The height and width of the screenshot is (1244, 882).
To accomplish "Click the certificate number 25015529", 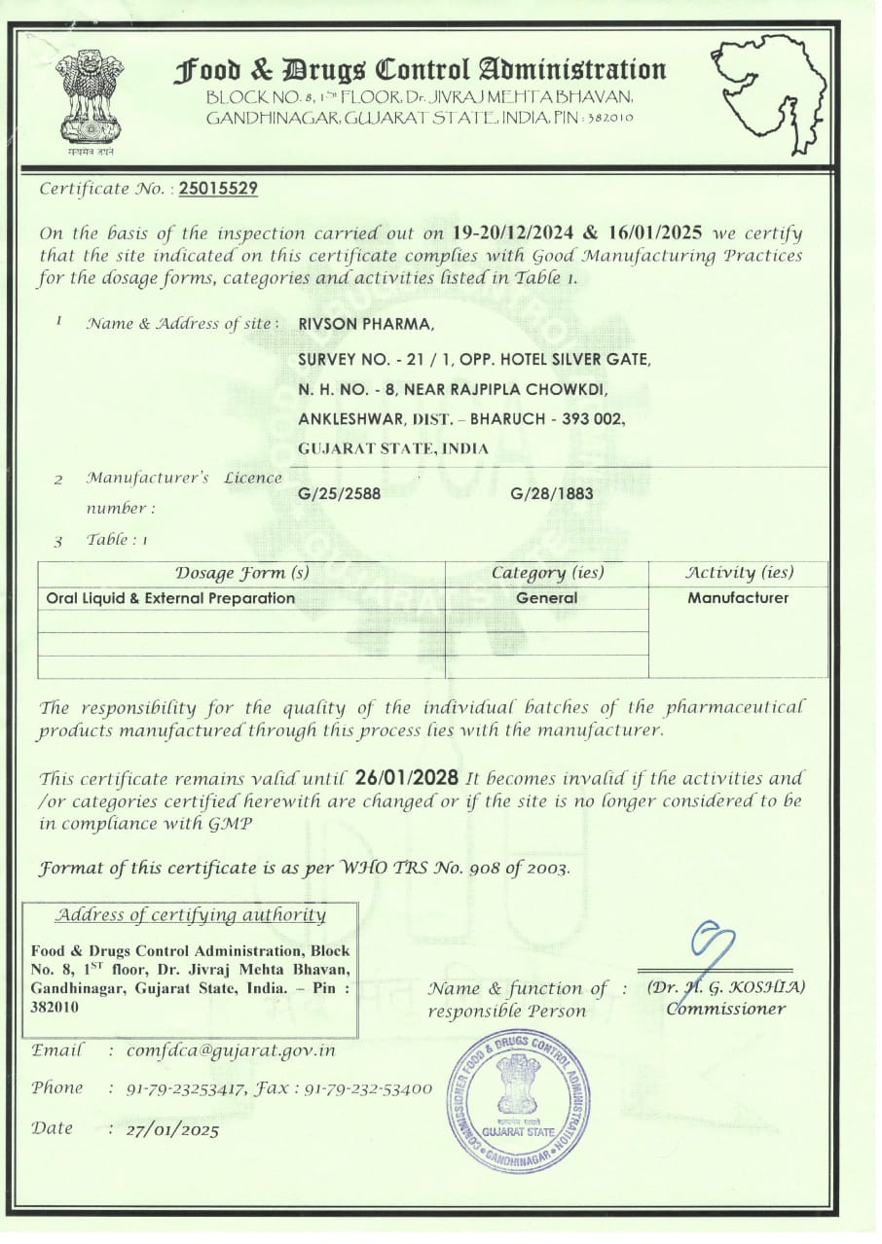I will click(219, 189).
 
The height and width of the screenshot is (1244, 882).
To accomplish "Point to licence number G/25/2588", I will click(340, 493).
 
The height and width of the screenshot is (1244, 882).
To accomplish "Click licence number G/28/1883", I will click(552, 493).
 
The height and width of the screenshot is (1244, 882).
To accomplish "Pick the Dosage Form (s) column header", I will click(241, 573).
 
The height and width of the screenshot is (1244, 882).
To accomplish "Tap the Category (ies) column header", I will click(547, 573).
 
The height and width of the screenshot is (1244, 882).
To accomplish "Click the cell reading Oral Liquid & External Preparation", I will click(170, 598).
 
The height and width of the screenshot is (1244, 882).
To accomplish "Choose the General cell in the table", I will click(547, 598).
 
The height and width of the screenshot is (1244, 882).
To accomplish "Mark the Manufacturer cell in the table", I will click(738, 598).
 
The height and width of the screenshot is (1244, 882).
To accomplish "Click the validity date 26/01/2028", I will click(407, 778).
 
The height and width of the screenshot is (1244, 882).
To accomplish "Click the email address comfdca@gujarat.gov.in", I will click(231, 1051).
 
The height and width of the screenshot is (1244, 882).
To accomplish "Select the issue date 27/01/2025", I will click(172, 1130).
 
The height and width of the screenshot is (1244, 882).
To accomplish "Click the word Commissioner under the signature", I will click(725, 1009).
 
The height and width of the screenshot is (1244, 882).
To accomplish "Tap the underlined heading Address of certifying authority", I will click(190, 915).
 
